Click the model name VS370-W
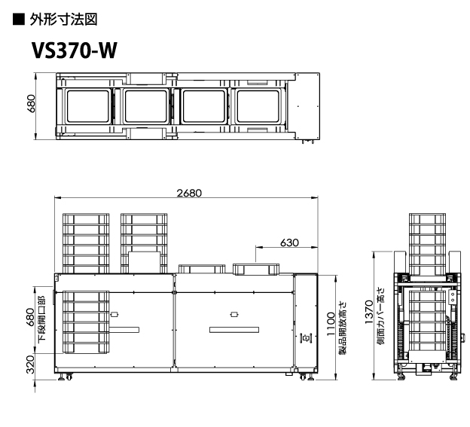point(74,50)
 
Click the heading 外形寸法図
point(63,20)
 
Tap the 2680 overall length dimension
point(189,193)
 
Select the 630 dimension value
point(289,242)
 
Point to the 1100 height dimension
point(331,325)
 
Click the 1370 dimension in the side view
point(369,312)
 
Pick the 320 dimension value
point(30,364)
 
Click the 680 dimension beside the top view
point(31,104)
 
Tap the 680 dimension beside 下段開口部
point(30,318)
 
